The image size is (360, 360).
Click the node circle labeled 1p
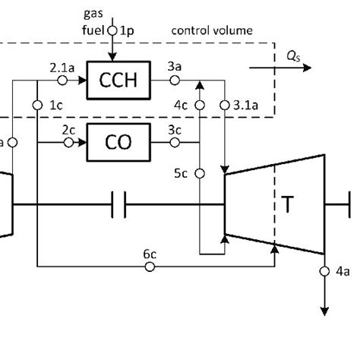[113, 31]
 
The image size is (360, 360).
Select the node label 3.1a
[244, 104]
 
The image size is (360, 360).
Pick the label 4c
[181, 104]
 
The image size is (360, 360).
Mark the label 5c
[180, 173]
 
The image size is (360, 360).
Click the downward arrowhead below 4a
[325, 309]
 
